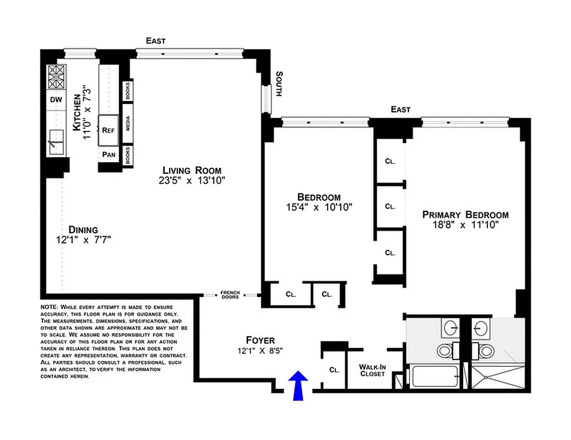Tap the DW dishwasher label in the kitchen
coord(56,100)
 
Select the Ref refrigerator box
coord(108,130)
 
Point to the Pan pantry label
coord(108,155)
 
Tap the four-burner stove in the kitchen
coord(56,77)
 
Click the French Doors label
coord(230,295)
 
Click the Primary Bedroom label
coord(465,215)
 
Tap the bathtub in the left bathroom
coord(433,378)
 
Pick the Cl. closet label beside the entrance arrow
coord(334,370)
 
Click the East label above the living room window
coord(155,41)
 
